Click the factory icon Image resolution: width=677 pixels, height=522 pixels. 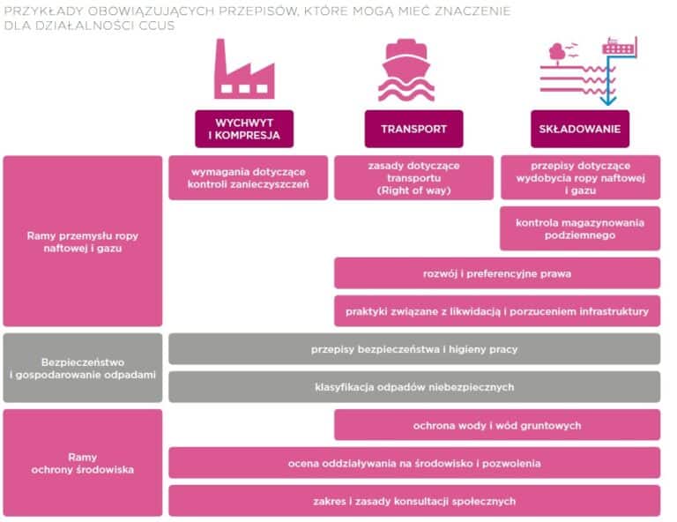coord(243,70)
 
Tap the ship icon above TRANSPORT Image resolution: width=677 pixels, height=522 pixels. coord(406,70)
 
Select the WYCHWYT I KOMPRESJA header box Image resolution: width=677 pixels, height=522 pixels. coord(244,129)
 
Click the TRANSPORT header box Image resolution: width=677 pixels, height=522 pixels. coord(413,129)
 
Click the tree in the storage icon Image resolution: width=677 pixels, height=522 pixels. coord(557,53)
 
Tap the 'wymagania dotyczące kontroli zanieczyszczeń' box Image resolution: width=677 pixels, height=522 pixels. coord(248,177)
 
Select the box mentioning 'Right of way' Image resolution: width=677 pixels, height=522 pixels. coord(413,177)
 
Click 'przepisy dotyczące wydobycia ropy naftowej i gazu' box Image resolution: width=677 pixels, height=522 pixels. coord(580,177)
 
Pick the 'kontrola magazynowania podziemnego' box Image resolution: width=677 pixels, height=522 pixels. coord(580,228)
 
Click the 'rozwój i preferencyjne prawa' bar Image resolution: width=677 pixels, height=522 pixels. coord(496,273)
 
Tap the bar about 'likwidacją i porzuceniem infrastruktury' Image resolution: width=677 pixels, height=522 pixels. coord(496,311)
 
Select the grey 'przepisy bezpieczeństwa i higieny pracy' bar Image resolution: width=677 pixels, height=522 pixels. coord(414,349)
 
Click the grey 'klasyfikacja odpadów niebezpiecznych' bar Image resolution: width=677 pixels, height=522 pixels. coord(414,387)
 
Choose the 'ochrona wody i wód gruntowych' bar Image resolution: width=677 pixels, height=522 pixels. coord(496,425)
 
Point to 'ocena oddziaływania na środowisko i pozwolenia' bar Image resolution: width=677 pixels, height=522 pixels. coord(414,463)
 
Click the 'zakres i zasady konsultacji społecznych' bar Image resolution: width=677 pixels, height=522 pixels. coord(414,501)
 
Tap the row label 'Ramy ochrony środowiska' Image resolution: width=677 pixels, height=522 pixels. coord(83,463)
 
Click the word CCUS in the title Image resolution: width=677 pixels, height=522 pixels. coord(158,25)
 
